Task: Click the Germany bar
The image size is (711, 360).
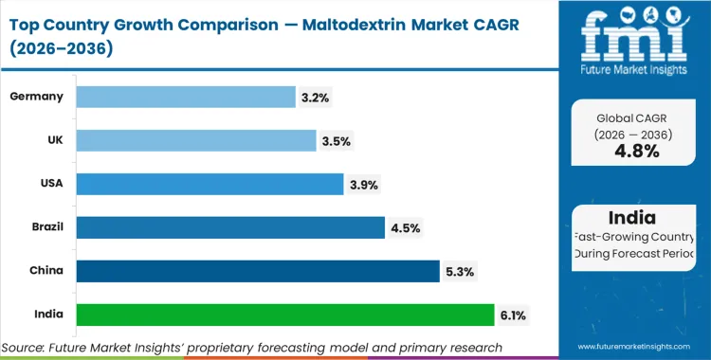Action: [x=185, y=97]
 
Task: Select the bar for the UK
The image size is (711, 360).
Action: [x=195, y=140]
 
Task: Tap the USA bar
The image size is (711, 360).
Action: [x=209, y=184]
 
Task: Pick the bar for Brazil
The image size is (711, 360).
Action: [x=229, y=227]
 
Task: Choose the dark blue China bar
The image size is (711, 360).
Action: [x=257, y=271]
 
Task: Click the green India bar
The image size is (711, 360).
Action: [x=284, y=315]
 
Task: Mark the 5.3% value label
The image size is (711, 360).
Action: [x=461, y=272]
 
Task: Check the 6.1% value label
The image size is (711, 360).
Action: [x=515, y=315]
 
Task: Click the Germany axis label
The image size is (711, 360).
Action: [x=37, y=97]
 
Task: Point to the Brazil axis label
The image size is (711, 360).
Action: [x=46, y=227]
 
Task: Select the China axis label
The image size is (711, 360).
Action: [x=46, y=271]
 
